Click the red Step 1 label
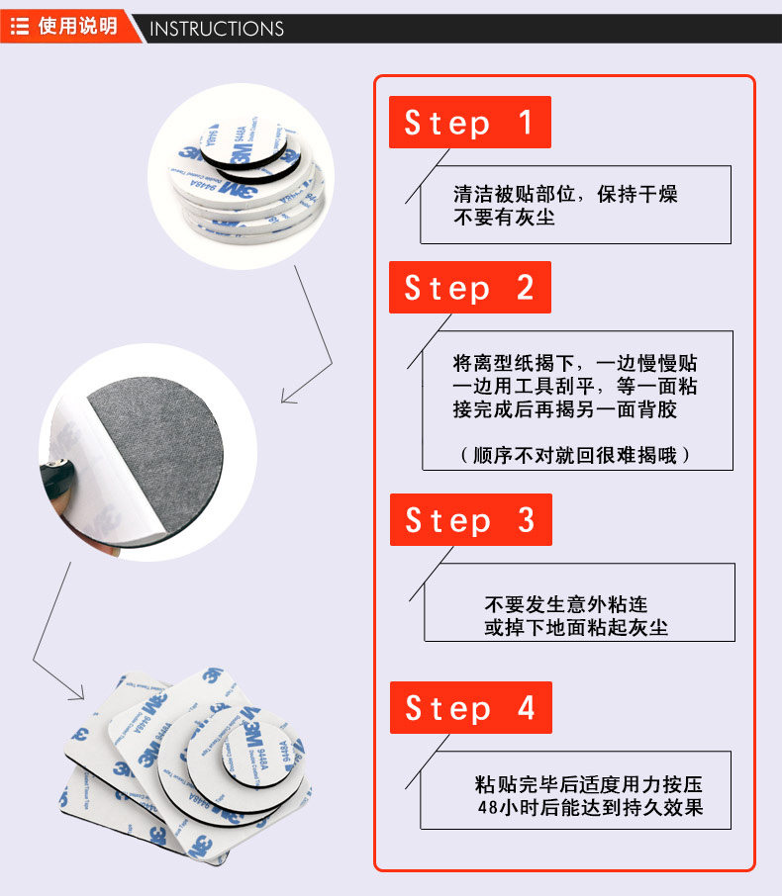469,123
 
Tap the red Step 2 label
469,288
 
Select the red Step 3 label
470,520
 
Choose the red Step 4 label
470,708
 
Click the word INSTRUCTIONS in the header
217,29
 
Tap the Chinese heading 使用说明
77,27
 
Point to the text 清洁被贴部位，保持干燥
565,195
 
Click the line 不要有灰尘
504,218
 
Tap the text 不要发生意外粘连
566,604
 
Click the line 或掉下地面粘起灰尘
576,627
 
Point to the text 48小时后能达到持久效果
589,808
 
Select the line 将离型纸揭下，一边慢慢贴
575,363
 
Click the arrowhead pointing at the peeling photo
287,398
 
